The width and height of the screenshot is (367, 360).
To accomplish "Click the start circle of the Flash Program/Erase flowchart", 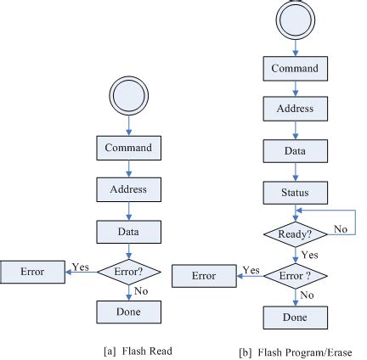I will (x=294, y=22).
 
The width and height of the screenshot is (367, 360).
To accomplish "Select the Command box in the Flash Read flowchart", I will (x=127, y=149).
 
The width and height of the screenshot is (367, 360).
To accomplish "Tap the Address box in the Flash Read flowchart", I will (x=127, y=189).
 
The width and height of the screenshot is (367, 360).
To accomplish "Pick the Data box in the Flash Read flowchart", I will (x=127, y=230).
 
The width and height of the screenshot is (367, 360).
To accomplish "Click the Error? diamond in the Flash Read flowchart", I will (x=127, y=271).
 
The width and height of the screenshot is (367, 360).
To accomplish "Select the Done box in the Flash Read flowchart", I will (x=127, y=312).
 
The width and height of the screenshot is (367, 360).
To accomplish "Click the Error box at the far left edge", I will (x=31, y=273).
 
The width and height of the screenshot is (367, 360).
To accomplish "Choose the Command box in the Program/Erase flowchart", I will (x=294, y=69).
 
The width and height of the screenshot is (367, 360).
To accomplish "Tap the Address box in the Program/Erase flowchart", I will (x=294, y=110).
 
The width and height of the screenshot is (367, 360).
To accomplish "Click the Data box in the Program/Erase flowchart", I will (x=294, y=150).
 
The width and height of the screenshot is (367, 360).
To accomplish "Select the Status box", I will (x=294, y=192).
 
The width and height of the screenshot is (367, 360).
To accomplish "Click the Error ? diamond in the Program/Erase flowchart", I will (x=294, y=275).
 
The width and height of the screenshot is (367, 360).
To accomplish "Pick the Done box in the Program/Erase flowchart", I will (x=294, y=318).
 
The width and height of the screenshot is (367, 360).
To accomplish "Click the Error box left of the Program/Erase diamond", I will (x=204, y=276).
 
